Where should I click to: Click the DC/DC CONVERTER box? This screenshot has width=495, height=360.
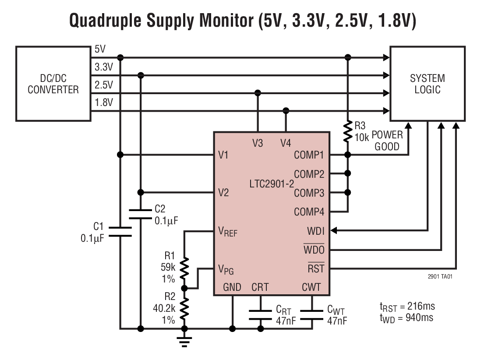[x=53, y=84]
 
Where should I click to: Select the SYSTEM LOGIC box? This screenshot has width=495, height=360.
[x=427, y=84]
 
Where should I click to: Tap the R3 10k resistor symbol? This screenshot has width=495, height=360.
[x=348, y=132]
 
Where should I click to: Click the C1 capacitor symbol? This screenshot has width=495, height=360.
[x=120, y=232]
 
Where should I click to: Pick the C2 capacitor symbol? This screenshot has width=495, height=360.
[x=141, y=213]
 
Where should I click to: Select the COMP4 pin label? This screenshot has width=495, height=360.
[x=309, y=212]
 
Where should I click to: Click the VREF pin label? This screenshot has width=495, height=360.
[x=228, y=231]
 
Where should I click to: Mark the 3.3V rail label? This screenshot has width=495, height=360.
[x=104, y=67]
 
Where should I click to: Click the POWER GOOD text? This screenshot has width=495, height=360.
[x=387, y=141]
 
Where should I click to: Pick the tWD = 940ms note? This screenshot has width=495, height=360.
[x=407, y=318]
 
